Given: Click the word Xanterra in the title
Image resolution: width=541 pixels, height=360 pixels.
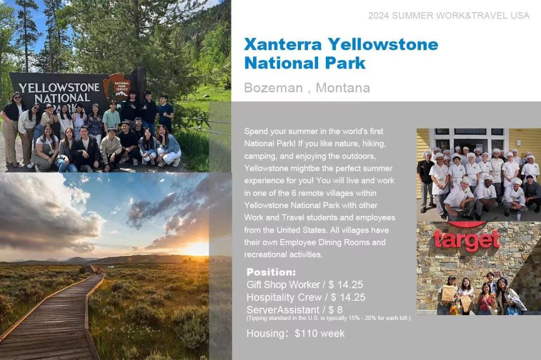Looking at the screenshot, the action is tap(283, 44).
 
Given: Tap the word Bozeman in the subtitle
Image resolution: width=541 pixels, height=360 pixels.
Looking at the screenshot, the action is tap(273, 88).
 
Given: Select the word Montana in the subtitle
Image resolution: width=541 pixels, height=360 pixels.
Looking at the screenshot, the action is tap(342, 88).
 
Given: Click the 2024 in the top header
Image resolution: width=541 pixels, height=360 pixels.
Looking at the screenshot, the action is tap(378, 15).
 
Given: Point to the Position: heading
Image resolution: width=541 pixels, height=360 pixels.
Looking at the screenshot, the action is tap(271, 272).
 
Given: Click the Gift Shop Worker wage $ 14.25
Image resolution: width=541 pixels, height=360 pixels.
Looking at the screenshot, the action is tap(346, 285).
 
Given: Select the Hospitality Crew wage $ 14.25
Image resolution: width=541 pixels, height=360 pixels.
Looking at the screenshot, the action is tap(348, 297).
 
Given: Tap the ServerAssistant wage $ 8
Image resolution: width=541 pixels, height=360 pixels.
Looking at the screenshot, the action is tap(335, 310).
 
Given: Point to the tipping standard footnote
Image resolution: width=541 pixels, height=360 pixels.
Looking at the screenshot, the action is tap(329, 318).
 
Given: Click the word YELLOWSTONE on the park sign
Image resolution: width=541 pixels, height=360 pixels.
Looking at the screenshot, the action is tap(59, 88).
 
